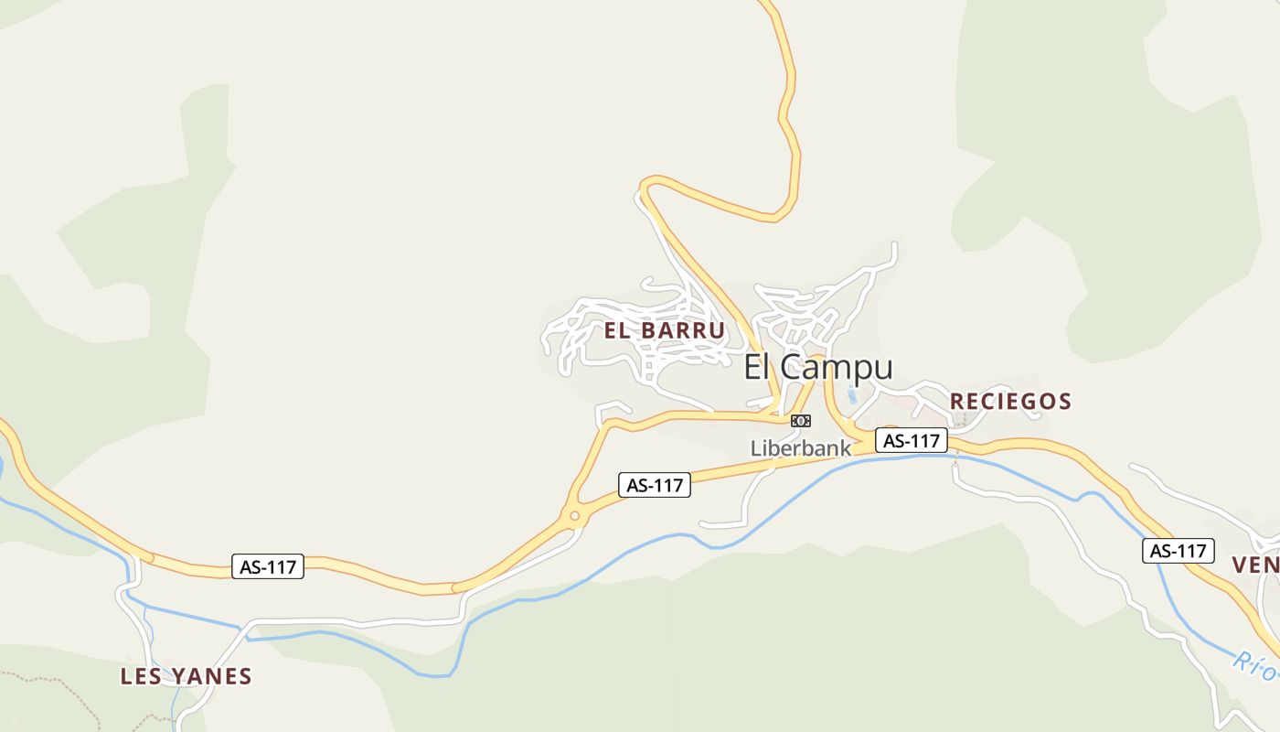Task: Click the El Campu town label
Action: click(817, 368)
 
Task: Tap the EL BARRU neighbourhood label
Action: click(665, 330)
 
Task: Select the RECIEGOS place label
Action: click(1010, 401)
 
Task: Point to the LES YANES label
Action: click(186, 677)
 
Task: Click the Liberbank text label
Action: click(801, 448)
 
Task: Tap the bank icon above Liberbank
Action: click(801, 421)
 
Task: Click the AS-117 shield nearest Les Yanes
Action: click(268, 566)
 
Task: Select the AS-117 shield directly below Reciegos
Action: click(912, 440)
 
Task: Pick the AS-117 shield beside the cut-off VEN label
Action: click(1178, 551)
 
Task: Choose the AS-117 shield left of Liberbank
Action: click(655, 485)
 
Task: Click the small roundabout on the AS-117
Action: click(574, 517)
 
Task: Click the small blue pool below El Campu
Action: click(852, 395)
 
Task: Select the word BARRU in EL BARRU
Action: click(682, 330)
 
